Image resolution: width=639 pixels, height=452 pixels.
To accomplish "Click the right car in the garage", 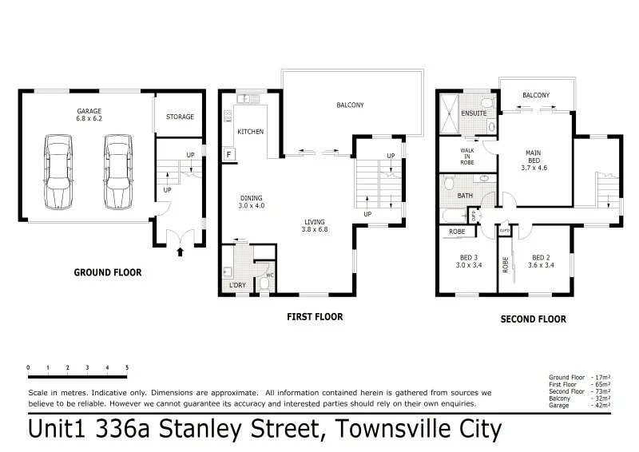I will tap(117, 171).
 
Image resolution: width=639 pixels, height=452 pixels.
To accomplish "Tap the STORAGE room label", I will tap(180, 117).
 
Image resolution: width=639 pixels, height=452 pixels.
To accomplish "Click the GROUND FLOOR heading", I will tap(108, 272).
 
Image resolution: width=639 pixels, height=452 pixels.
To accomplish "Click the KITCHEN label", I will tap(251, 131).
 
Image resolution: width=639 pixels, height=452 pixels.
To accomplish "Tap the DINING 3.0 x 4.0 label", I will tap(252, 203).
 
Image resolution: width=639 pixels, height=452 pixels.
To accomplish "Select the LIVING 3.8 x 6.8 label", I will tap(316, 225).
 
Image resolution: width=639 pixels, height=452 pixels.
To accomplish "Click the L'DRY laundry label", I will tap(236, 285).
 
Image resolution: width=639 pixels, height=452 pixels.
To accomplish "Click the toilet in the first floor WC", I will tap(264, 283).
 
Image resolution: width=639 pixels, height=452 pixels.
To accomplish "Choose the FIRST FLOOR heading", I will tap(315, 317).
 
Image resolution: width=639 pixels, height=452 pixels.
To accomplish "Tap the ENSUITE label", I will tap(474, 114).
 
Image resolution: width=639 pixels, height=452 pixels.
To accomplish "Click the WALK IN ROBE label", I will tap(467, 156).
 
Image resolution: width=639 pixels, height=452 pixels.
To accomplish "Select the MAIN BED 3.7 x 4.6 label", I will tap(532, 160).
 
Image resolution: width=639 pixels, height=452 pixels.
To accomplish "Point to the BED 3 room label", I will tap(469, 261).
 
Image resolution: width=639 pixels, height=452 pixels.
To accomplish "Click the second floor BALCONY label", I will tap(535, 96).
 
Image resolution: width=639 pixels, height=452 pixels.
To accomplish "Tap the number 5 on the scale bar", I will tap(127, 368).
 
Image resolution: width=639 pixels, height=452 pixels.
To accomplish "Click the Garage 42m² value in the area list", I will tap(601, 406).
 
